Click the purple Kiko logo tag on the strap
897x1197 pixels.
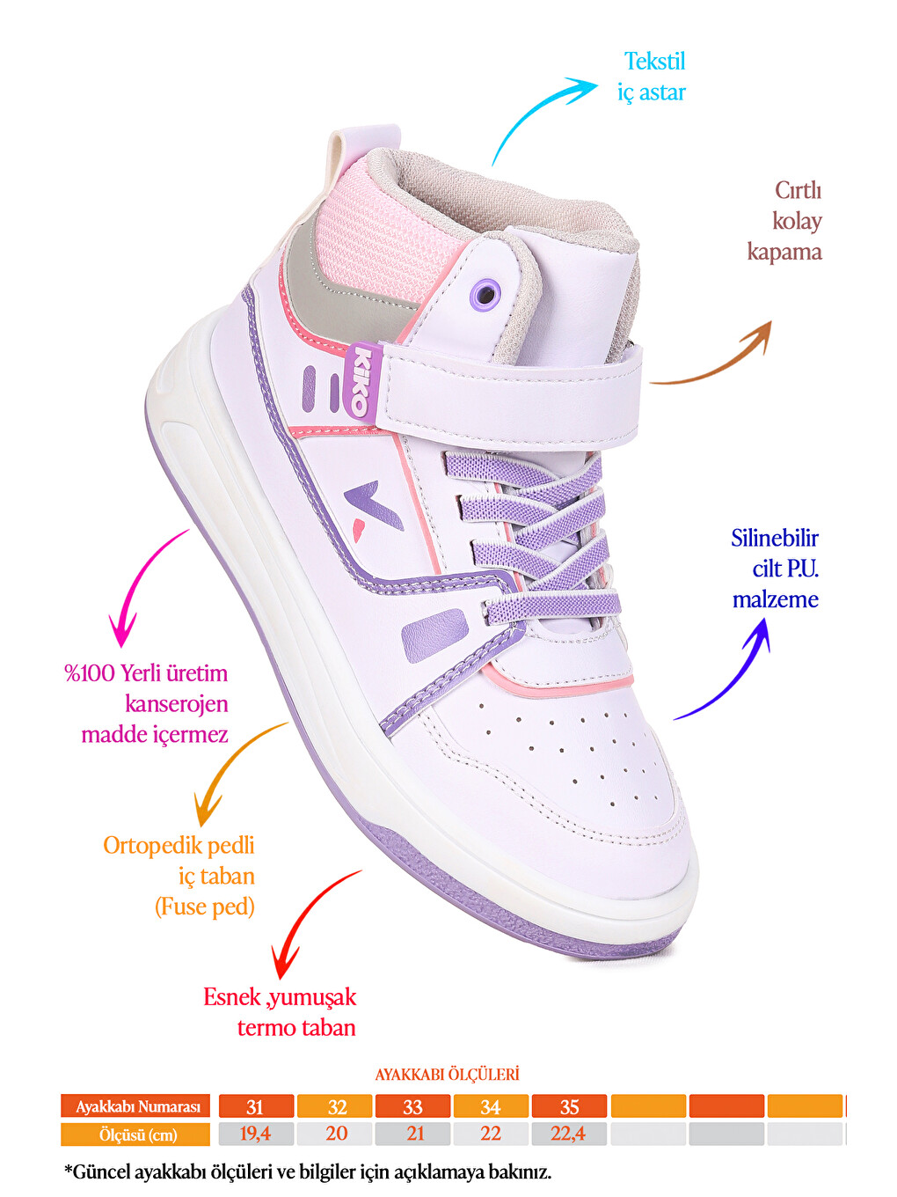[362, 380]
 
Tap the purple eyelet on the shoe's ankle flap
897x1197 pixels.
[486, 294]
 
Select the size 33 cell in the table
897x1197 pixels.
[412, 1106]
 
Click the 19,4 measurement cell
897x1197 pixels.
[256, 1134]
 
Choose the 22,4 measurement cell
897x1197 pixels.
[569, 1134]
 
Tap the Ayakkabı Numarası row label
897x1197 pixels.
[135, 1106]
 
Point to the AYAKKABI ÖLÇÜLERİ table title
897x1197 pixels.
[447, 1075]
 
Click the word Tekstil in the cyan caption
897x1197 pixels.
[654, 61]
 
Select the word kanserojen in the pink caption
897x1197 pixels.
[177, 704]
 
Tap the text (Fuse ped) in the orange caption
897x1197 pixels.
[205, 907]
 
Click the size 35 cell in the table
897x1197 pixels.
[569, 1106]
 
